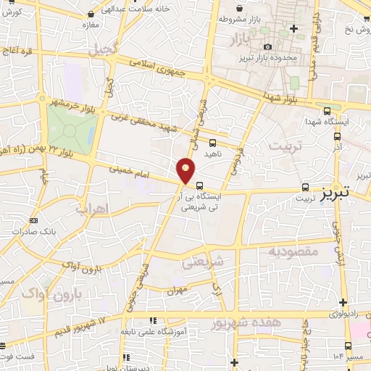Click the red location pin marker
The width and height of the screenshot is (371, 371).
(x=186, y=169)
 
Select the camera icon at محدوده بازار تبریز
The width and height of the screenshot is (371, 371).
(x=267, y=47)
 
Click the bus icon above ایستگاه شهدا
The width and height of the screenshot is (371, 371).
(x=328, y=111)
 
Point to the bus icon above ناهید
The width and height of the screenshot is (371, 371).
(x=212, y=143)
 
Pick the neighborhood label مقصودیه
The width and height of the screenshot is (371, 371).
(x=294, y=251)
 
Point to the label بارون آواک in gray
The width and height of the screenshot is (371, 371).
(x=45, y=294)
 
